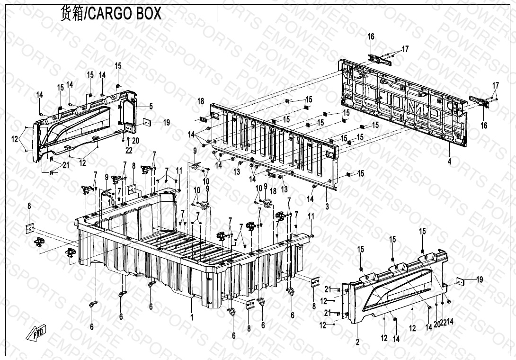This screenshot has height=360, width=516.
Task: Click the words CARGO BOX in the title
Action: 125,13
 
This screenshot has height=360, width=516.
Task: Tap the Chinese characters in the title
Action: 71,13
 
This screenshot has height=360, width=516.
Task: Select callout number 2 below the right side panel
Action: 357,341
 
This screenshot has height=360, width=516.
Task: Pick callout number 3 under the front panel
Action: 327,207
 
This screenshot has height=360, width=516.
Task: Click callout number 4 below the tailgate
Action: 449,162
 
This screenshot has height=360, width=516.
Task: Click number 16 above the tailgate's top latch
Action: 371,37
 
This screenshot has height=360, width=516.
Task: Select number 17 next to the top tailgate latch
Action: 405,49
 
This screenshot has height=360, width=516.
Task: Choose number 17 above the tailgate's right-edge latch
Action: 495,85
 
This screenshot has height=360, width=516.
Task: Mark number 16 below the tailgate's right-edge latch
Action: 484,126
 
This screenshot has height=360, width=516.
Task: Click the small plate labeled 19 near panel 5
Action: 147,122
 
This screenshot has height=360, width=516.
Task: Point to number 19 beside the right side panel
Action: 480,279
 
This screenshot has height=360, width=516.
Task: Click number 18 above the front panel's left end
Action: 201,101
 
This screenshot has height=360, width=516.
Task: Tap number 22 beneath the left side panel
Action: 129,150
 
